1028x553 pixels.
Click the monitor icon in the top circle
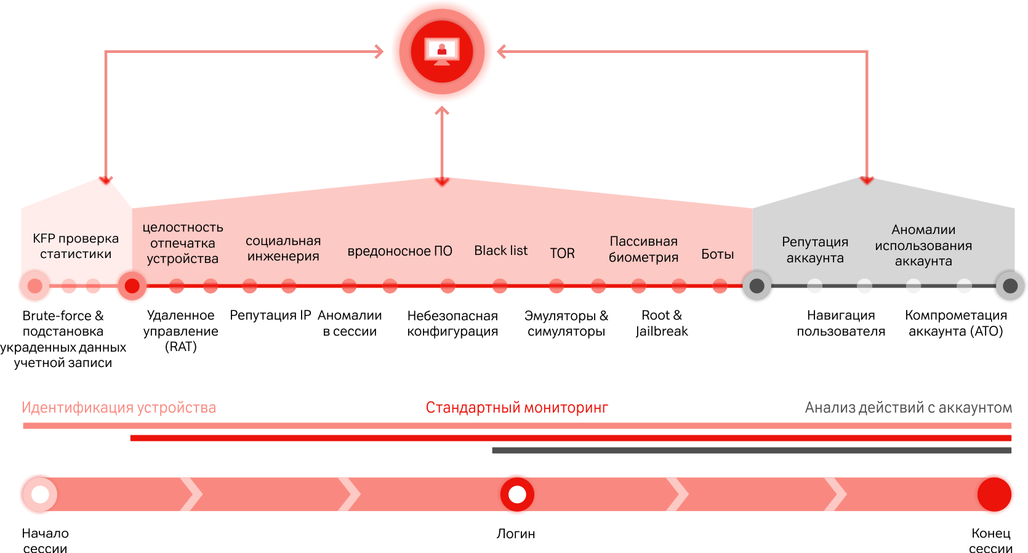(x=442, y=51)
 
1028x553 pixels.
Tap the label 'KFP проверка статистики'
(x=76, y=246)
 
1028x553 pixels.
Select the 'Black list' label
(x=500, y=251)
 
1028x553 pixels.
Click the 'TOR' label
(x=562, y=253)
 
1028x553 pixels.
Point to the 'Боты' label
(x=717, y=254)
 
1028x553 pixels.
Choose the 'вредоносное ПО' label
(x=400, y=251)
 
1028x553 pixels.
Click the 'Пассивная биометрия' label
(x=643, y=249)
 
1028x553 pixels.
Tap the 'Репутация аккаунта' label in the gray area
(x=815, y=250)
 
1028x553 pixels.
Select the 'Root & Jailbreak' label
(x=662, y=323)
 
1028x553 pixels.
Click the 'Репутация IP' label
(x=270, y=315)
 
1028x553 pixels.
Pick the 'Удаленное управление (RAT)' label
(x=180, y=331)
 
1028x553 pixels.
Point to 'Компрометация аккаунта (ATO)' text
(x=956, y=323)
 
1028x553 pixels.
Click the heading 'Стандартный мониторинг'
(x=516, y=408)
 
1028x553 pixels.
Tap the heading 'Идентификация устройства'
(x=118, y=408)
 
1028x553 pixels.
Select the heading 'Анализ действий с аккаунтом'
(x=908, y=408)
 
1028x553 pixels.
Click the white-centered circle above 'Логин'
(x=517, y=494)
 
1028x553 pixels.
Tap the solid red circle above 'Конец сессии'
(x=995, y=494)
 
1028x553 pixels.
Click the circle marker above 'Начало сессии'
(x=40, y=494)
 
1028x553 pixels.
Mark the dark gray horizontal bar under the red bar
(x=751, y=451)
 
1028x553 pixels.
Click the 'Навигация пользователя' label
(x=841, y=323)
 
